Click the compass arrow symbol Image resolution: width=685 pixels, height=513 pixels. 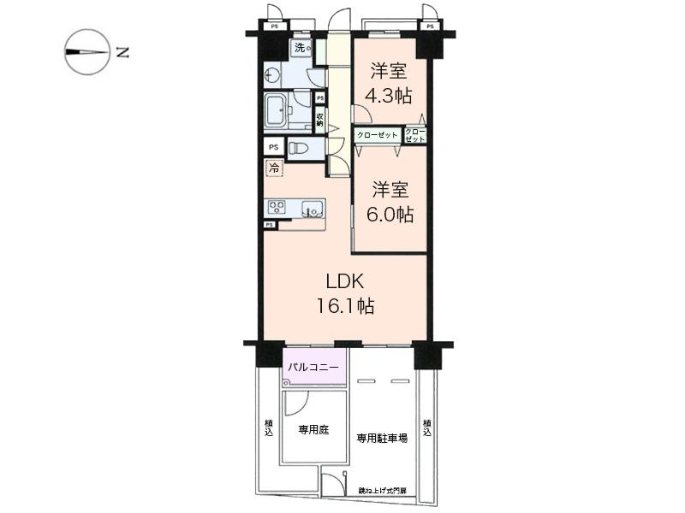(x=87, y=52)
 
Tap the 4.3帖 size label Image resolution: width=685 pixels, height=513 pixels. (x=387, y=96)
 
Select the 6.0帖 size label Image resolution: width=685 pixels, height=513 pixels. (x=392, y=215)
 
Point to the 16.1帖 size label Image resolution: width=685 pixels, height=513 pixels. (x=347, y=305)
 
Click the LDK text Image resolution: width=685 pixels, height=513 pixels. (x=346, y=280)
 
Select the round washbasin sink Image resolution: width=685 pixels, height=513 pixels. (x=273, y=75)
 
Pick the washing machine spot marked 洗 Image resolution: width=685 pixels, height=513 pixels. (x=301, y=48)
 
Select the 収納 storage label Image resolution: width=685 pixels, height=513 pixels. (x=319, y=120)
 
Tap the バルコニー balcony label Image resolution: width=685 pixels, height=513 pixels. (x=314, y=368)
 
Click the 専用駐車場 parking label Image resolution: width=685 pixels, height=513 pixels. (x=381, y=437)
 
